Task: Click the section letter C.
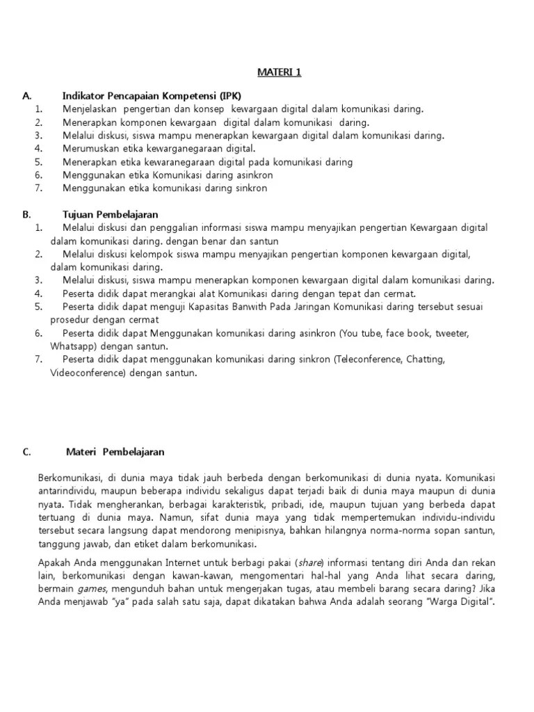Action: [x=27, y=451]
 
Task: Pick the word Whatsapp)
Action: [x=74, y=346]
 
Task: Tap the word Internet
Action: [x=179, y=563]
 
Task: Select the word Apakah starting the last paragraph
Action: [x=55, y=563]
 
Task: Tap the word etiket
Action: [x=147, y=544]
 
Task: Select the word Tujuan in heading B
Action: [x=79, y=214]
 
